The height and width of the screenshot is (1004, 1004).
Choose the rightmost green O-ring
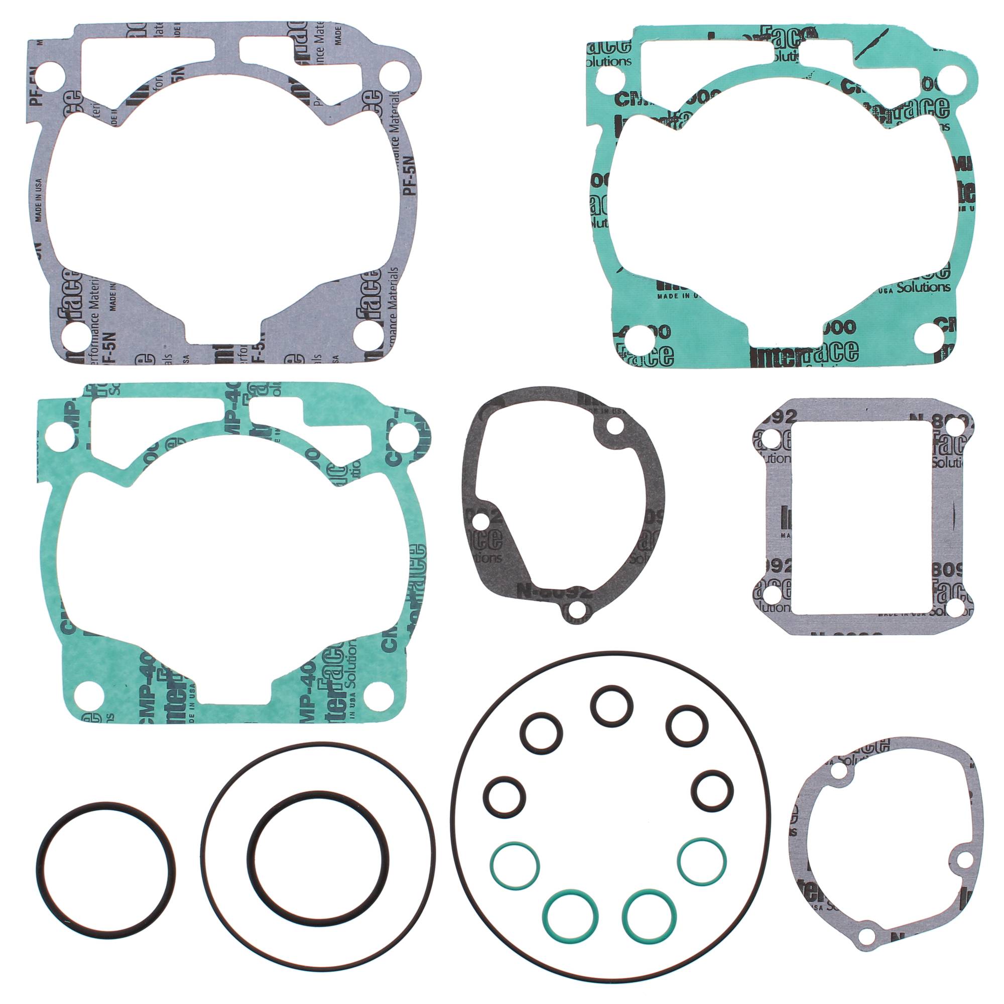(703, 860)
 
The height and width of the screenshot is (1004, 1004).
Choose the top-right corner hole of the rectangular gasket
(955, 427)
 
